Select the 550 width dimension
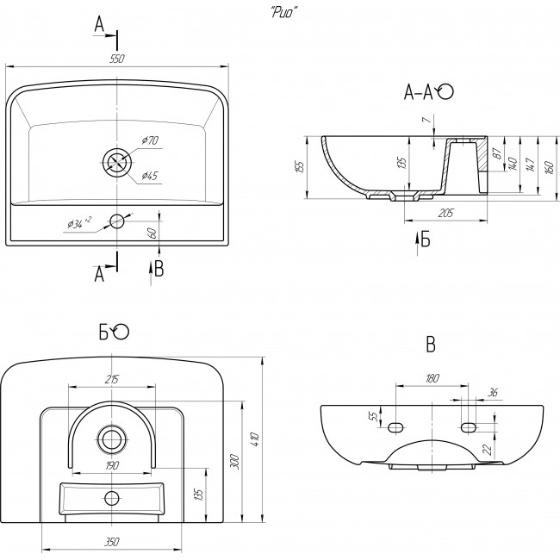coord(119,58)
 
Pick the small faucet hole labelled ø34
coord(117,221)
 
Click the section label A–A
coord(420,92)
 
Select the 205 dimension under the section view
coord(445,212)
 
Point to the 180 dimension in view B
coord(431,377)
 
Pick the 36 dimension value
coord(493,393)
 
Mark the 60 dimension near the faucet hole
coord(152,233)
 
